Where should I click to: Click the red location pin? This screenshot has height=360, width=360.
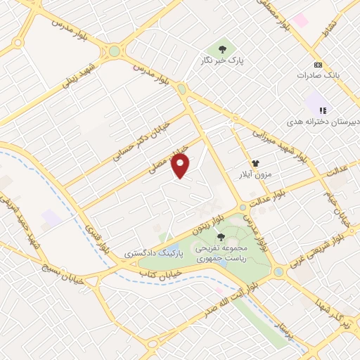point(181,165)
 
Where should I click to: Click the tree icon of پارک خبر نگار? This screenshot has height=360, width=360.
point(223,49)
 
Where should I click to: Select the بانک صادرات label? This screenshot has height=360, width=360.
point(319,75)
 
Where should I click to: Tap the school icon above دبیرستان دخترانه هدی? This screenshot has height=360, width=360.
point(323,110)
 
